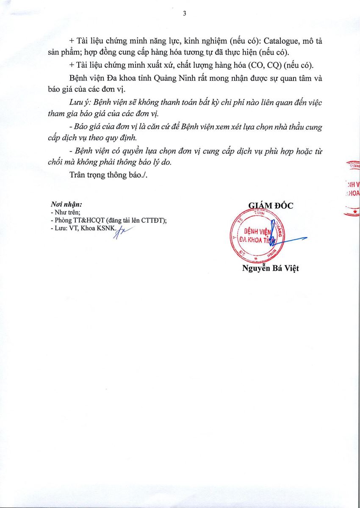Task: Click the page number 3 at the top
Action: point(184,13)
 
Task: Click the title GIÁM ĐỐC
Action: point(271,206)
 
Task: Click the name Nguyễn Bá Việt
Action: point(271,268)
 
